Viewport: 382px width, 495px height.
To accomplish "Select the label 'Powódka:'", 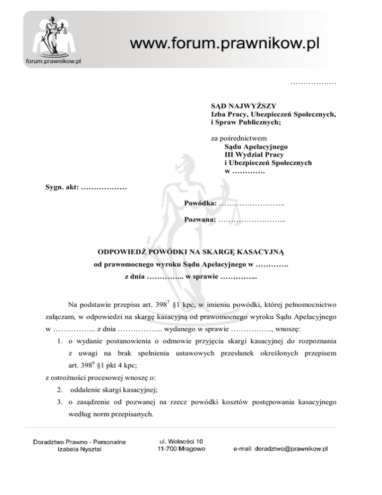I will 200,204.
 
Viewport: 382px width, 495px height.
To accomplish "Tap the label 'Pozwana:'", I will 200,220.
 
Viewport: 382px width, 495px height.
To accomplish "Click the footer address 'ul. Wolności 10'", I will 181,441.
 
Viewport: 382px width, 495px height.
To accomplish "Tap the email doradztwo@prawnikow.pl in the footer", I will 281,449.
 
